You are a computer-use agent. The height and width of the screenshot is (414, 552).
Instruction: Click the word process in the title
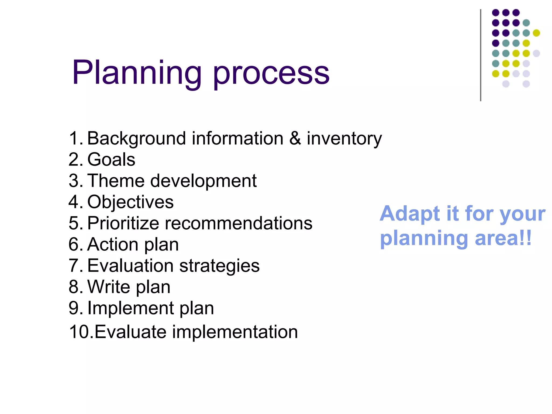click(271, 74)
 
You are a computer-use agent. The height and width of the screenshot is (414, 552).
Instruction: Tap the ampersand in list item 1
click(295, 139)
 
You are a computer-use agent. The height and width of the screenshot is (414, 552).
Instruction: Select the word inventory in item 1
click(344, 139)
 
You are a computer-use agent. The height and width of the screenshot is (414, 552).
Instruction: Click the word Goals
click(111, 160)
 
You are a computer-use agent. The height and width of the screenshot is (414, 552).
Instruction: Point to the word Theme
click(116, 181)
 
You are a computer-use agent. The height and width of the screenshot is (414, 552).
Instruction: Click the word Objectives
click(130, 202)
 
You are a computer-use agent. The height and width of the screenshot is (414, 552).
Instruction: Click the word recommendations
click(239, 223)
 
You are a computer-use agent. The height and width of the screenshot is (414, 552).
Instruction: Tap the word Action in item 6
click(113, 244)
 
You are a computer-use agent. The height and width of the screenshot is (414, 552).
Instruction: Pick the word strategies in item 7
click(219, 266)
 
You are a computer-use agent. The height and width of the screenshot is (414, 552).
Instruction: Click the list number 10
click(80, 332)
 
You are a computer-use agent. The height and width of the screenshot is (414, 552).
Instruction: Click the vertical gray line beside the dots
click(481, 55)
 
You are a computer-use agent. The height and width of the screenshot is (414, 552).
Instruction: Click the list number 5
click(74, 223)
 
